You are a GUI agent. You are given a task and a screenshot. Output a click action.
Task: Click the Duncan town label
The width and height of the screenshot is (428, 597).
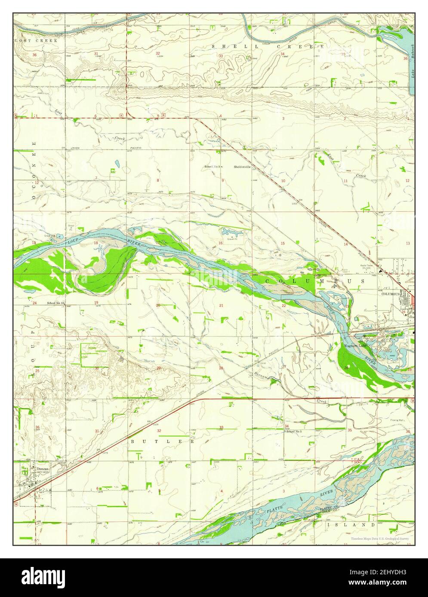coord(42,469)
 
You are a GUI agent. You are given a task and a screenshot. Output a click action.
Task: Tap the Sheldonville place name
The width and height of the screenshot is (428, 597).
coord(242,166)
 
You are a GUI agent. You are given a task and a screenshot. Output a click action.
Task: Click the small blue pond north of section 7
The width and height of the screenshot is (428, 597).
coord(117,163)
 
